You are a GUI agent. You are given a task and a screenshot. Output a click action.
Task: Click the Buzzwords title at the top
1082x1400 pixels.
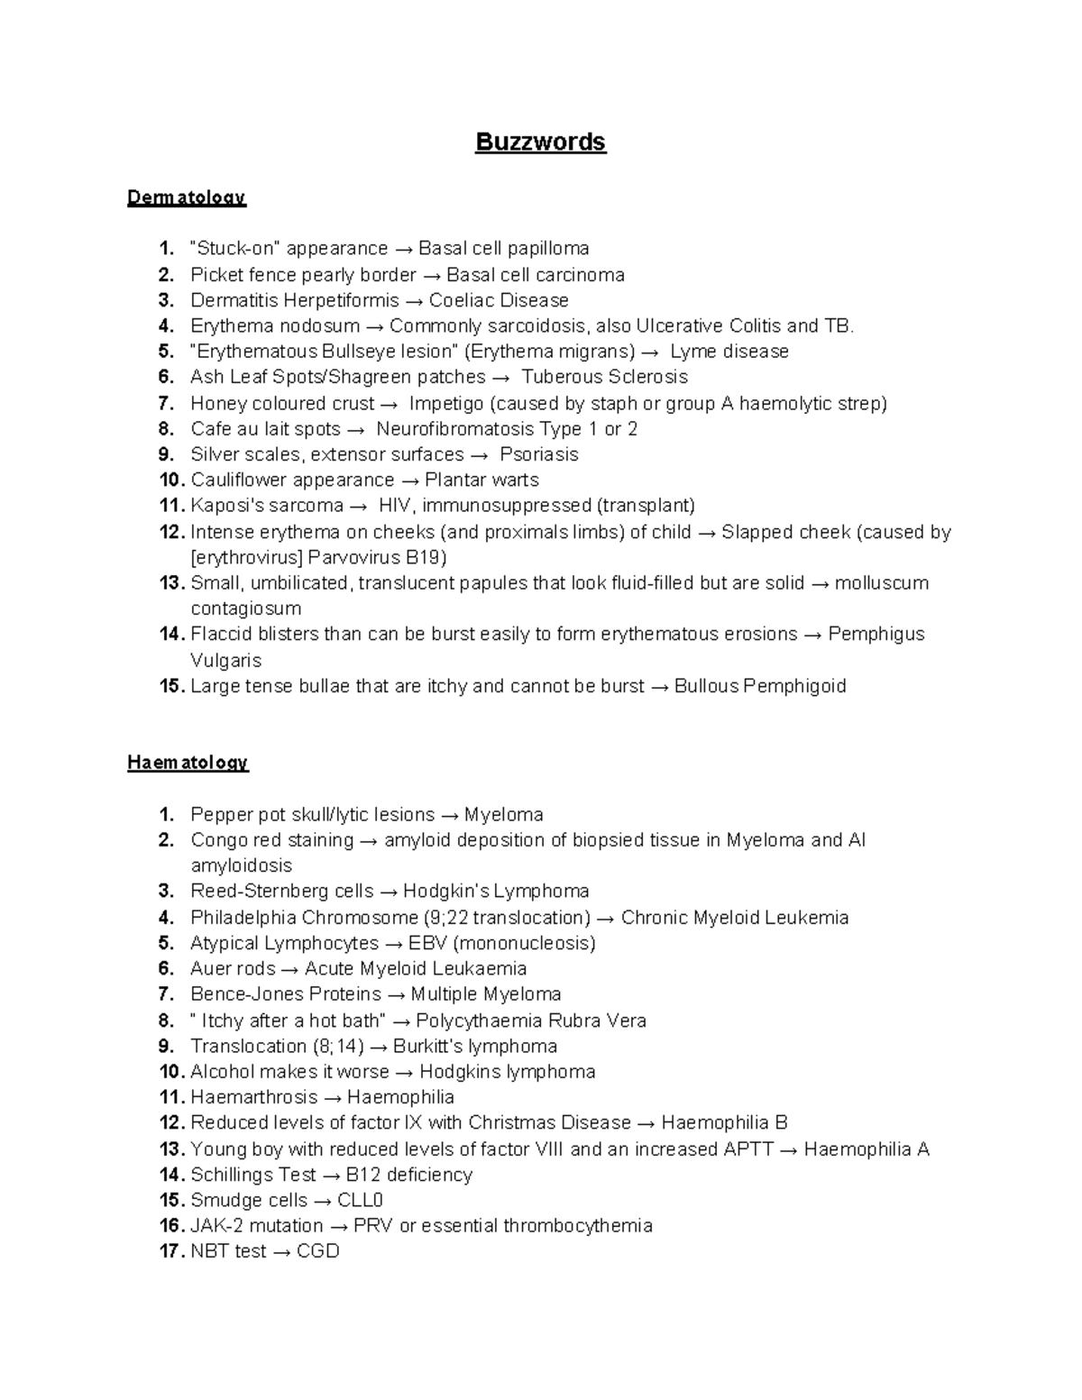(541, 142)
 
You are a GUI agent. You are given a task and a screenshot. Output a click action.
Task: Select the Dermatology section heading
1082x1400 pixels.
(187, 197)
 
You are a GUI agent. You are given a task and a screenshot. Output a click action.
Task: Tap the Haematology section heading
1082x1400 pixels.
(188, 763)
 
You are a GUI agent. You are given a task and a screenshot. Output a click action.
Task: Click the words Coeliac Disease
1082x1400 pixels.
(499, 300)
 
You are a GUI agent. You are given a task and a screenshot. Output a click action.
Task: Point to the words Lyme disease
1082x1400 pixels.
(729, 352)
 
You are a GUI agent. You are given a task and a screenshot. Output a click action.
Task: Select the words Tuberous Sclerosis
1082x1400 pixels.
(604, 377)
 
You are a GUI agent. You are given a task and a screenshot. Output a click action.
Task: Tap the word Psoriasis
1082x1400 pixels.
(539, 454)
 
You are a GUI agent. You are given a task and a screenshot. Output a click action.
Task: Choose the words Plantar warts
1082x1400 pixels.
(481, 480)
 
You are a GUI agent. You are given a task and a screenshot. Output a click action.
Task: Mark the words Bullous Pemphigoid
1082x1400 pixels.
(760, 686)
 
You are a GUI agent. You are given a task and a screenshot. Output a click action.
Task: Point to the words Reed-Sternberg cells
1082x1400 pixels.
(281, 892)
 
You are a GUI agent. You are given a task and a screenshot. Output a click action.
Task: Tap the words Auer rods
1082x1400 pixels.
(232, 969)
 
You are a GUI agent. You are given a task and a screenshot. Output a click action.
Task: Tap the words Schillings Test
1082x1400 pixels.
(253, 1175)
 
